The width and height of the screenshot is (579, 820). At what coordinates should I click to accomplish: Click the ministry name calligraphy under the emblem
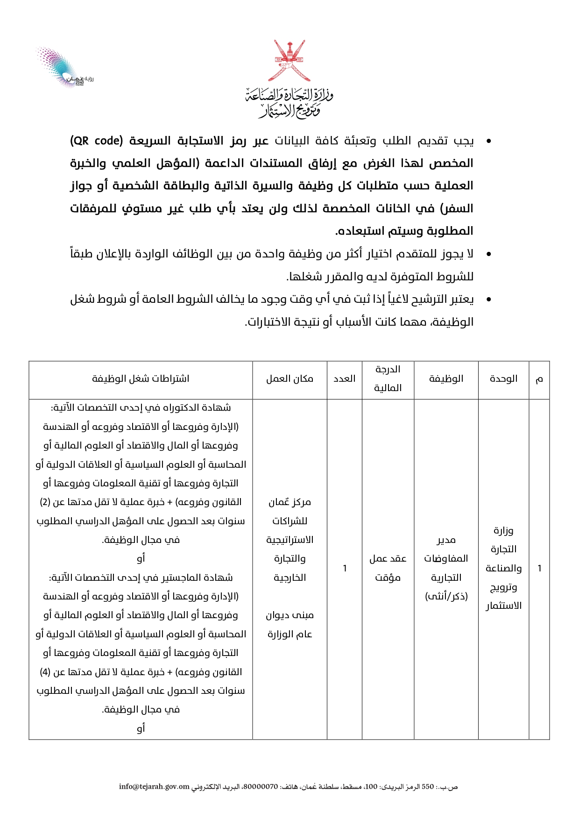[x=289, y=102]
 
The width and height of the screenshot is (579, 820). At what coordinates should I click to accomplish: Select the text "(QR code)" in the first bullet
[x=96, y=141]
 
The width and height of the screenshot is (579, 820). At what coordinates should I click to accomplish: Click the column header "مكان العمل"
[x=289, y=379]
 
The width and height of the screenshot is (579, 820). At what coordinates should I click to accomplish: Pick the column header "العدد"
[x=345, y=379]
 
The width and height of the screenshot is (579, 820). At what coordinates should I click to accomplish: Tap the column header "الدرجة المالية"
[x=388, y=379]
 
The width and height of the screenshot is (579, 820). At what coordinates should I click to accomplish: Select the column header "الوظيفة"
[x=446, y=379]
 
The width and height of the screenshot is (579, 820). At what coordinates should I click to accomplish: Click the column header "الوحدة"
[x=503, y=379]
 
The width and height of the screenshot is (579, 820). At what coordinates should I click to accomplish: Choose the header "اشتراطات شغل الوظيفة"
[x=141, y=379]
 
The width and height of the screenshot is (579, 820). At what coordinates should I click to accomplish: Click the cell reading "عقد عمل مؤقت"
[x=388, y=568]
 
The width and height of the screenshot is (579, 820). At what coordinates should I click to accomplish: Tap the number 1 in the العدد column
[x=345, y=569]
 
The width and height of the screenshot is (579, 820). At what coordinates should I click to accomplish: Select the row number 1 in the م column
[x=539, y=569]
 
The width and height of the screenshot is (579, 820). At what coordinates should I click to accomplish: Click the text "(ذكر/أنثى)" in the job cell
[x=446, y=597]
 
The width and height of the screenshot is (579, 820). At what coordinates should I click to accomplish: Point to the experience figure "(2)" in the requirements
[x=45, y=502]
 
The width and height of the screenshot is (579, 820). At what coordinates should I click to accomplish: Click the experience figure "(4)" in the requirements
[x=45, y=672]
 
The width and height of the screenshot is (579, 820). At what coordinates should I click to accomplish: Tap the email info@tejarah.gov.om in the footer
[x=154, y=787]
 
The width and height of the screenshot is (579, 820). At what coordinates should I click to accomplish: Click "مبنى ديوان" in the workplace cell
[x=289, y=615]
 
